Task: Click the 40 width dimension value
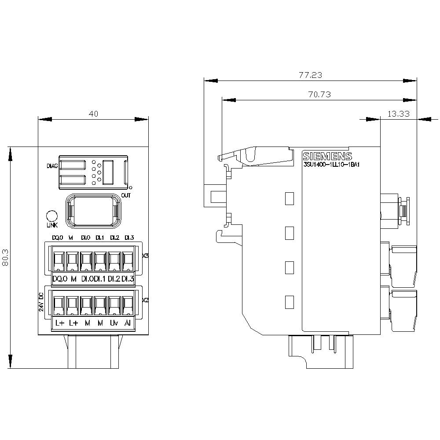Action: pyautogui.click(x=93, y=114)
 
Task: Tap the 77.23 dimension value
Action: pyautogui.click(x=310, y=75)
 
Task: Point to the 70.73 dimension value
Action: pyautogui.click(x=319, y=94)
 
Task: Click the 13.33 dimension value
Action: pyautogui.click(x=398, y=114)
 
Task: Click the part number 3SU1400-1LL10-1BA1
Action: pyautogui.click(x=332, y=165)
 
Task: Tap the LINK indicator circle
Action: pyautogui.click(x=52, y=216)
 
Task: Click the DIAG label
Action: pyautogui.click(x=52, y=166)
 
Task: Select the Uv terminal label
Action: pyautogui.click(x=114, y=323)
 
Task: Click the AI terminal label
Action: pyautogui.click(x=128, y=323)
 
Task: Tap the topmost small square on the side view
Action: pyautogui.click(x=289, y=198)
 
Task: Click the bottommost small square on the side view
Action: pyautogui.click(x=289, y=302)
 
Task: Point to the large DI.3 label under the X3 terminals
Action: pyautogui.click(x=128, y=279)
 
